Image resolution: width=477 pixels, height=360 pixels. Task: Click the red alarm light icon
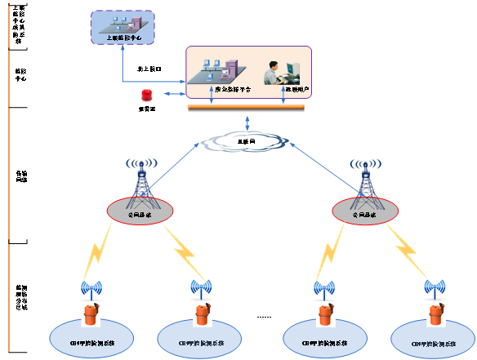tap(146, 96)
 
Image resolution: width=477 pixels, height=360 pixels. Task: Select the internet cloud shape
tap(244, 142)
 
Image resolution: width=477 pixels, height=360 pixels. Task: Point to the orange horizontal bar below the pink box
tap(245, 108)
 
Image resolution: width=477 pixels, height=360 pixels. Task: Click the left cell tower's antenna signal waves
tap(141, 164)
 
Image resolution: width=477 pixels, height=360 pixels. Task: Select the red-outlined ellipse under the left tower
tap(140, 211)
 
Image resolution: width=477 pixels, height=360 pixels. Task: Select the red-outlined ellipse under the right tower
tap(365, 211)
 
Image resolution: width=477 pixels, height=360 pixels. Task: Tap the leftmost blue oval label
tap(90, 336)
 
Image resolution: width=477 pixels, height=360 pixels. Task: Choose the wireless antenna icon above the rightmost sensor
tap(433, 288)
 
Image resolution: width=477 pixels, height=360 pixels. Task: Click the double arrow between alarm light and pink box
tap(172, 96)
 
